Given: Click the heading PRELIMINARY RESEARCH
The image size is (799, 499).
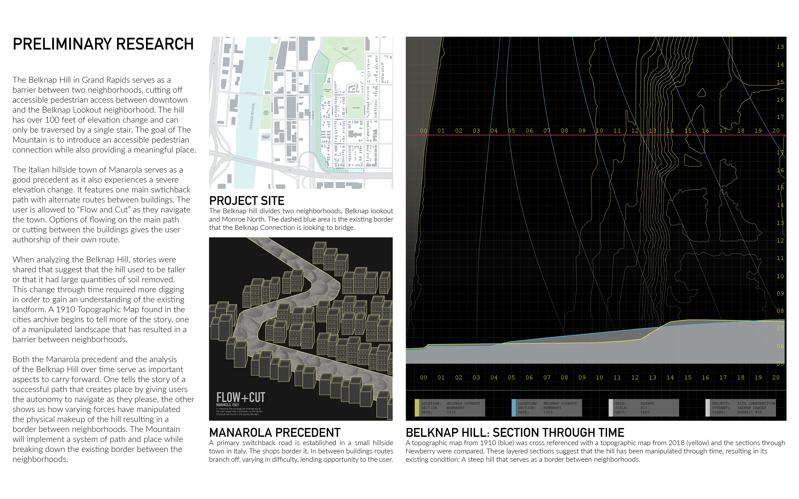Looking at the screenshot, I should pyautogui.click(x=103, y=44).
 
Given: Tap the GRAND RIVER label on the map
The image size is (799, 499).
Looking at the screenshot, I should pyautogui.click(x=252, y=116).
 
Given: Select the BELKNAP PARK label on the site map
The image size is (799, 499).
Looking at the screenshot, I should pyautogui.click(x=345, y=49).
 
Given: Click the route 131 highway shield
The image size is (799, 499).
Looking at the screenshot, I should pyautogui.click(x=214, y=64).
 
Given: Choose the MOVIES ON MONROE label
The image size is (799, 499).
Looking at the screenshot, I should pyautogui.click(x=266, y=137).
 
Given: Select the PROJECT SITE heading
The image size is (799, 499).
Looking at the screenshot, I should pyautogui.click(x=247, y=201).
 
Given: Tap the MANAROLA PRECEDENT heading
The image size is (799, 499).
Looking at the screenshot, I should pyautogui.click(x=275, y=432).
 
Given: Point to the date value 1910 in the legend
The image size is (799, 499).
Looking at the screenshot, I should pyautogui.click(x=548, y=412).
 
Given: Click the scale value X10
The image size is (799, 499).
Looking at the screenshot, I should pyautogui.click(x=644, y=408).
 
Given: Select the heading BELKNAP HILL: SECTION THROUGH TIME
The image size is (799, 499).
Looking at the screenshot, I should pyautogui.click(x=515, y=432).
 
